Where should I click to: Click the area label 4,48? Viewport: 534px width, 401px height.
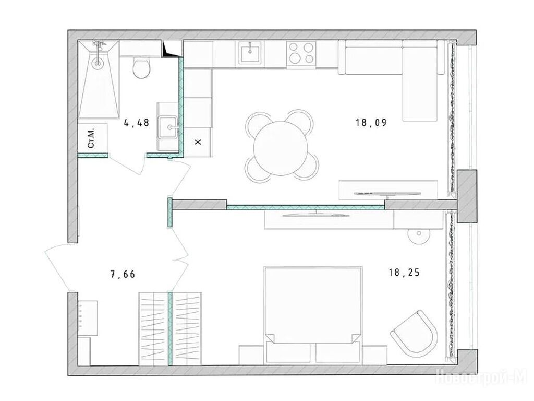[137, 123]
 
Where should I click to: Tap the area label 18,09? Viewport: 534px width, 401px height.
[371, 122]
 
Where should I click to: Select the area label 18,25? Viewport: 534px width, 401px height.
[404, 273]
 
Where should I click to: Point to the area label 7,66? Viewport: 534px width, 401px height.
[123, 274]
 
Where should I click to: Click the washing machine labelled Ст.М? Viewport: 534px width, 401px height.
[92, 138]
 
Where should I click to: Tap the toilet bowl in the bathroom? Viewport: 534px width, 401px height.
[141, 68]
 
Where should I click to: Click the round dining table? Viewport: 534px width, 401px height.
[281, 148]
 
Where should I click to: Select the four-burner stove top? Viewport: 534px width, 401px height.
[301, 53]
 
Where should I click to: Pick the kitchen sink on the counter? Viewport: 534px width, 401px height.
[250, 53]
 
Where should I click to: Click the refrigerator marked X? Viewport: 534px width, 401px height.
[198, 141]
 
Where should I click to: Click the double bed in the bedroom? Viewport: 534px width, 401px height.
[313, 314]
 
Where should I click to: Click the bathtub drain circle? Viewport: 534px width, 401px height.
[98, 63]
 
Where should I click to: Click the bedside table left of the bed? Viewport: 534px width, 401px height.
[252, 355]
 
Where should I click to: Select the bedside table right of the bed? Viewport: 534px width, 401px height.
[374, 355]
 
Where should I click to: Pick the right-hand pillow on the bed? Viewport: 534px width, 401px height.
[338, 352]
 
